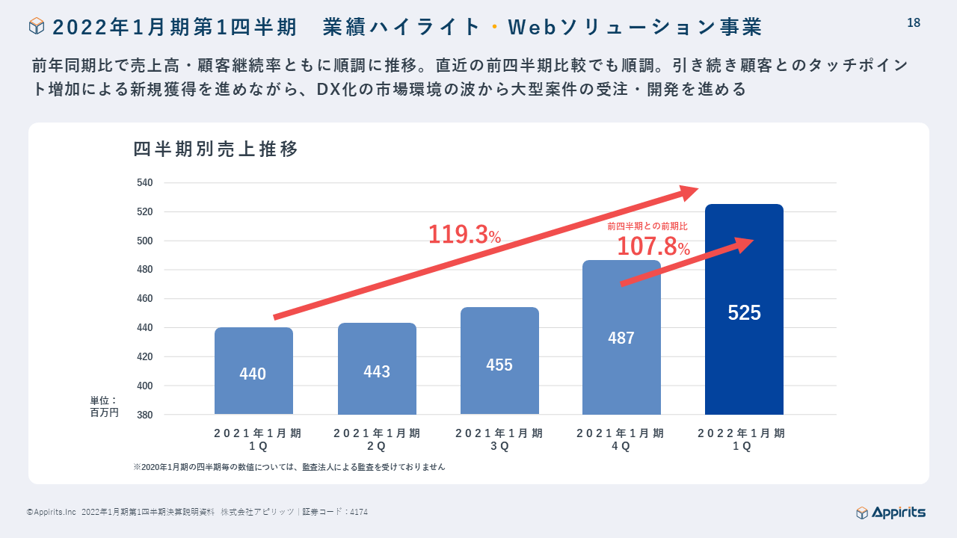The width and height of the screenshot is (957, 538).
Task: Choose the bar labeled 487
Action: click(x=621, y=338)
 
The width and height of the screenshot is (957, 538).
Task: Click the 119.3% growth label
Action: click(x=464, y=235)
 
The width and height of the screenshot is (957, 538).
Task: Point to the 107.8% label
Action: click(x=653, y=247)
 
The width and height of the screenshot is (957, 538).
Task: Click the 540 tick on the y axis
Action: click(x=145, y=183)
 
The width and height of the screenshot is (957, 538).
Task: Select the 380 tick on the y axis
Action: click(x=145, y=415)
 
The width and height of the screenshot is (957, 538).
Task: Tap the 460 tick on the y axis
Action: click(x=145, y=299)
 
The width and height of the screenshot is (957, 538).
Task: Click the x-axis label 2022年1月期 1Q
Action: click(x=742, y=439)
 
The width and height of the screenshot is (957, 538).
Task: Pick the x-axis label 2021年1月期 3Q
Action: click(x=499, y=439)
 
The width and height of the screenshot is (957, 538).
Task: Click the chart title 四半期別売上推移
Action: click(x=216, y=149)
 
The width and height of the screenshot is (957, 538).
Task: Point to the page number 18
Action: click(x=914, y=23)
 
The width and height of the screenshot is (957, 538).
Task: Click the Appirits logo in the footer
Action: click(x=890, y=513)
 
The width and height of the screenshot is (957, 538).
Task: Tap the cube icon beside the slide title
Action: click(x=37, y=27)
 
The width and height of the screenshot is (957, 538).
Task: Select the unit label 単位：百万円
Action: click(x=104, y=406)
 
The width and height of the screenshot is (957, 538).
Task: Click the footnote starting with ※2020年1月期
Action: click(x=289, y=467)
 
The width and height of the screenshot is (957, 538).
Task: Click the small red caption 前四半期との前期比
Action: click(x=647, y=226)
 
